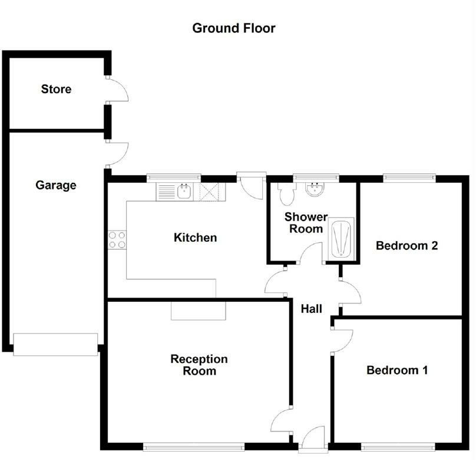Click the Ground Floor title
[x=234, y=28]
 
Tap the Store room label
[x=56, y=89]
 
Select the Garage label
[x=56, y=185]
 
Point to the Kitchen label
[x=195, y=238]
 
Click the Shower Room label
[x=305, y=223]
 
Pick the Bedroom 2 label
[x=406, y=245]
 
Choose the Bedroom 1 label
[x=396, y=370]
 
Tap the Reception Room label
[x=199, y=365]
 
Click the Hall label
[x=311, y=308]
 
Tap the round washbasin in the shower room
[x=314, y=188]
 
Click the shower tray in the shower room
[x=341, y=239]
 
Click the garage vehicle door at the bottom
[x=55, y=344]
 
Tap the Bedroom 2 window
[x=409, y=176]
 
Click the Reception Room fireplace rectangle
[x=199, y=311]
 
